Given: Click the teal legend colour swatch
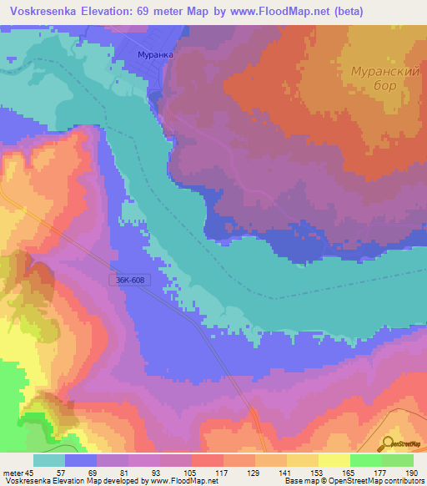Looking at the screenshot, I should click(49, 460).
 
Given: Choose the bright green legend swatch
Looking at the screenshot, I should click(366, 460).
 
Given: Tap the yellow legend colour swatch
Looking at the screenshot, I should click(334, 460).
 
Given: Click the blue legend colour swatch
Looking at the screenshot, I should click(81, 460).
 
